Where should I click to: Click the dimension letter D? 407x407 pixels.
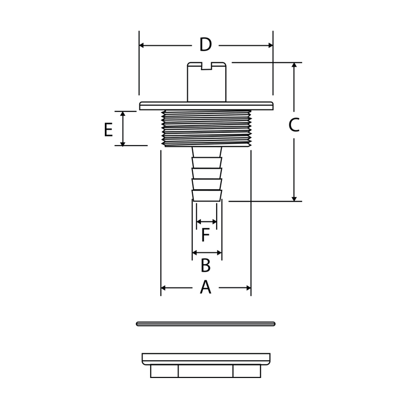[206, 45]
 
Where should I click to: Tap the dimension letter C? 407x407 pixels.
[294, 125]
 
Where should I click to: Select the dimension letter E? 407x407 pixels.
[108, 130]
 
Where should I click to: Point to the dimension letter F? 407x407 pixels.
[206, 235]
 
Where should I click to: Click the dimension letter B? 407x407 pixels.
[206, 265]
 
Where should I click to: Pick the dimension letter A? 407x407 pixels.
[206, 287]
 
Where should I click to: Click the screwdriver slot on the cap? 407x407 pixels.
[207, 66]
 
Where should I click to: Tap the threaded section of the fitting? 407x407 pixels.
[207, 128]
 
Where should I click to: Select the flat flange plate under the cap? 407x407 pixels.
[207, 106]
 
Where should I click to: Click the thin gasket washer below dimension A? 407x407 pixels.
[206, 324]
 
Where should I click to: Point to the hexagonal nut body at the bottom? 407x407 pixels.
[206, 371]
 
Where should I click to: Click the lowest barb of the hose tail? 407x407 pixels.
[207, 195]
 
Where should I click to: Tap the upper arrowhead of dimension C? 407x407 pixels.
[294, 65]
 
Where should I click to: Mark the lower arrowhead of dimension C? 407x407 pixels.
[294, 199]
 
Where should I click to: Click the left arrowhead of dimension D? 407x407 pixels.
[142, 45]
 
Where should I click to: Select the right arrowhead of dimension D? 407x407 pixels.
[271, 45]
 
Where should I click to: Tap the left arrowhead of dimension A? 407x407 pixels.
[163, 288]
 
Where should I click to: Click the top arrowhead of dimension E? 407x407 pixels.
[123, 114]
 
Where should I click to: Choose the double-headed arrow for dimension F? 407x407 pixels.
[207, 222]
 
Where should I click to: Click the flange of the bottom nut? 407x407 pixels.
[206, 359]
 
